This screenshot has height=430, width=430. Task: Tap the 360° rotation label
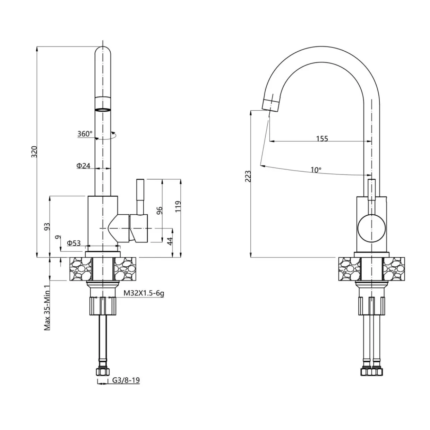click(85, 134)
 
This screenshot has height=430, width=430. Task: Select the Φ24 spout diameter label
click(83, 165)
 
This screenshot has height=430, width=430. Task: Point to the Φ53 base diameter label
click(74, 243)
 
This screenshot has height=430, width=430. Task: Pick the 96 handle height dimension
click(159, 210)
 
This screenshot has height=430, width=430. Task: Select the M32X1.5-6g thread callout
click(144, 293)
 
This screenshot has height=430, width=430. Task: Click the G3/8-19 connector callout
click(126, 380)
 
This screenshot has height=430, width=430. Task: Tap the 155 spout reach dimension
click(322, 139)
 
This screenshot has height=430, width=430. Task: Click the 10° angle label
click(316, 170)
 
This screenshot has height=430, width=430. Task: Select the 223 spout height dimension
click(248, 177)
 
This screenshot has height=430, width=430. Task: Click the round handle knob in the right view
click(371, 228)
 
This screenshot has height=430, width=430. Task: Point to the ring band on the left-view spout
click(103, 110)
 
